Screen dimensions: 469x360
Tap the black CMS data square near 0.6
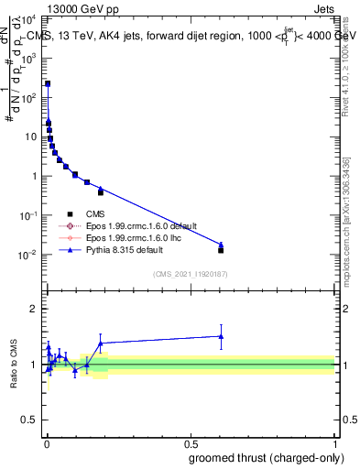click(221, 249)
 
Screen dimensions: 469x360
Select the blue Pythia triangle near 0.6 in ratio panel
click(221, 336)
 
